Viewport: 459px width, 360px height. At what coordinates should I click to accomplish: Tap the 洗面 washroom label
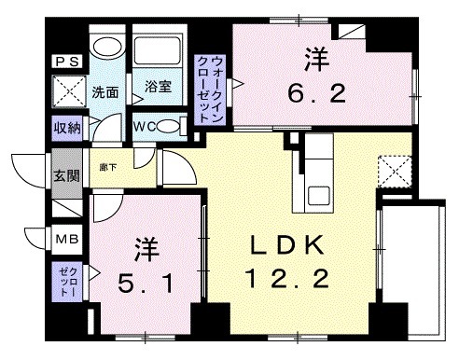[105, 93]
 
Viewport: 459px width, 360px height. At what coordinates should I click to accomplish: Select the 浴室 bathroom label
[158, 88]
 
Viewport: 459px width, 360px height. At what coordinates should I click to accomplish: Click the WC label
[145, 126]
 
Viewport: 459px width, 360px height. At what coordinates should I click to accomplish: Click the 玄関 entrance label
[65, 175]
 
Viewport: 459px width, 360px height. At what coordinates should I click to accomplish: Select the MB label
[65, 238]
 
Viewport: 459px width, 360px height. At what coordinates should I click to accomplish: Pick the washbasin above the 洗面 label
[106, 50]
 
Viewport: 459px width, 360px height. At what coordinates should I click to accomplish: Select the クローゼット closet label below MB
[65, 280]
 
